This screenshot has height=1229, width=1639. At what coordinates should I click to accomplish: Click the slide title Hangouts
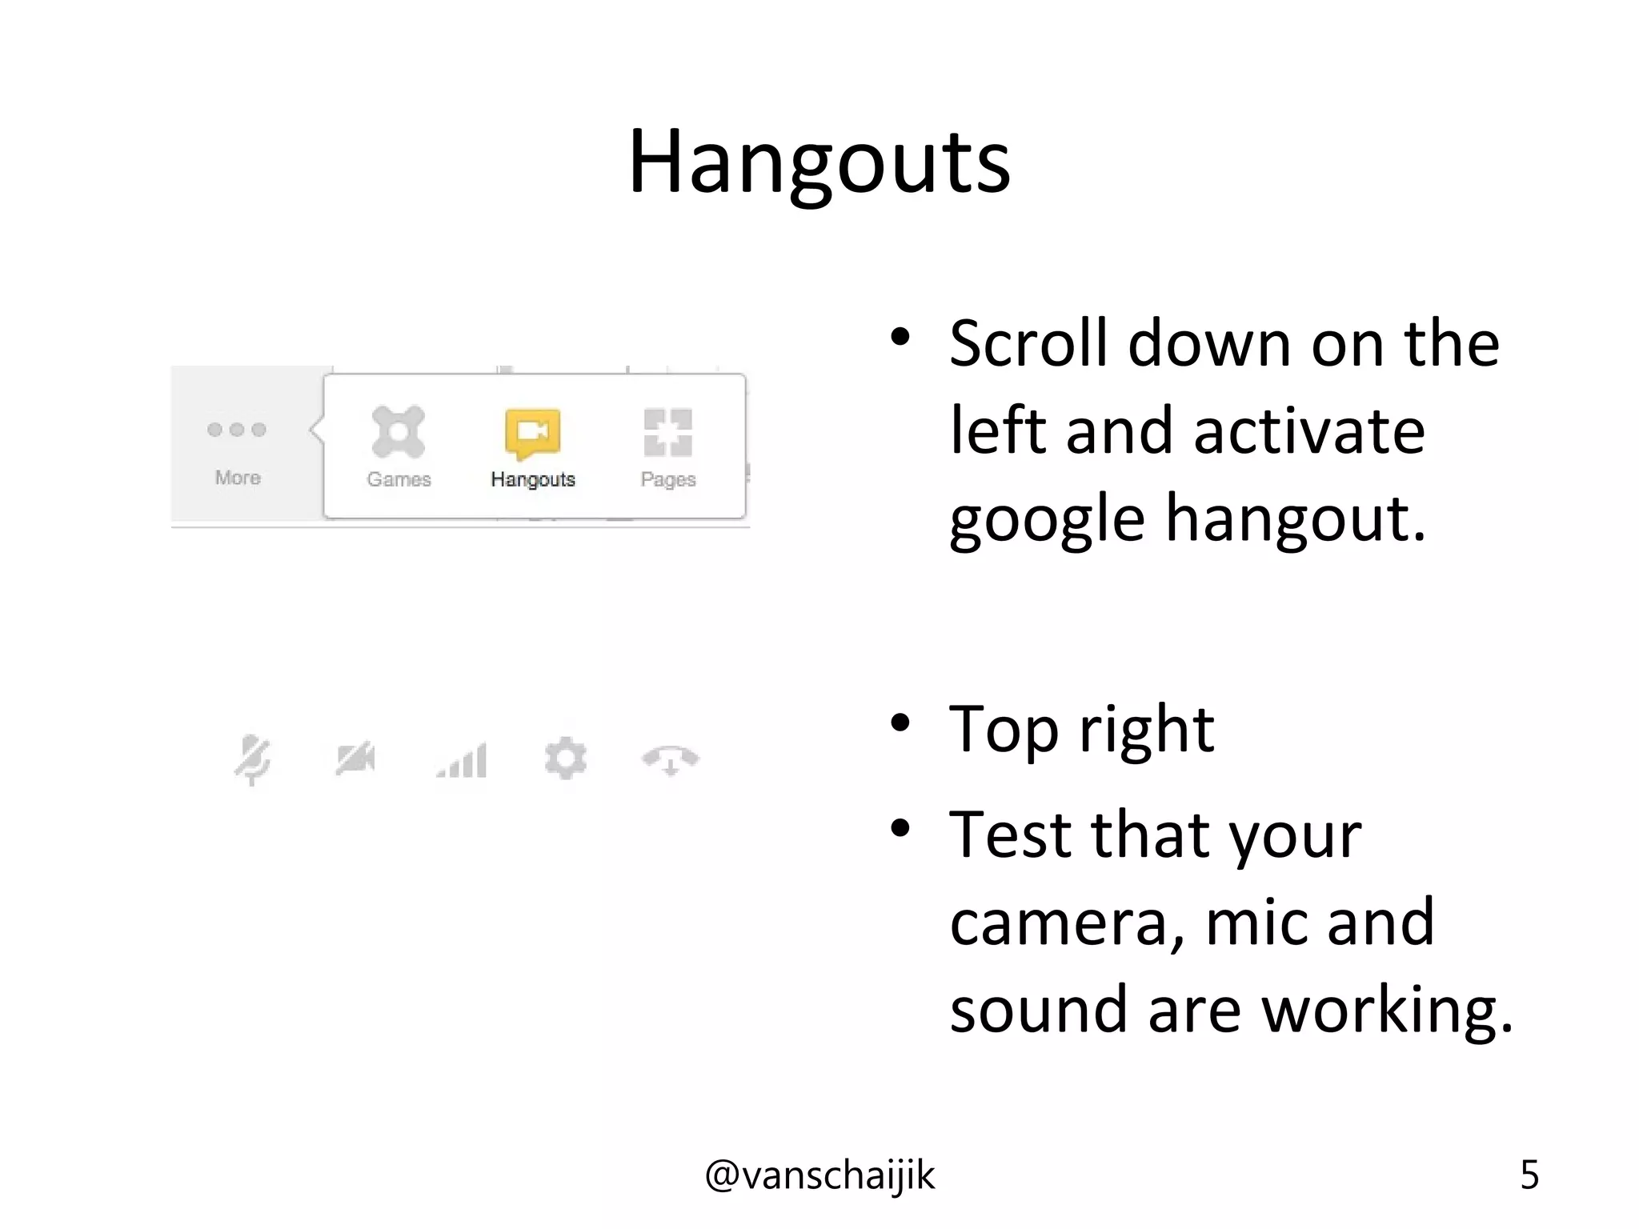(x=819, y=162)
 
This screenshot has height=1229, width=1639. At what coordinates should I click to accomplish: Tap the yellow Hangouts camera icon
(x=532, y=433)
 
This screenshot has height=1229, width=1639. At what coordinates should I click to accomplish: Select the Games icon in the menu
(x=398, y=432)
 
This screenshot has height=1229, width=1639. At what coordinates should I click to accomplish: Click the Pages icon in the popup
(x=668, y=432)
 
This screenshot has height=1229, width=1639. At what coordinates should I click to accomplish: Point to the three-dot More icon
(x=236, y=430)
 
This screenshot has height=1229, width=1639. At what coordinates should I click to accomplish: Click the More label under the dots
(x=238, y=478)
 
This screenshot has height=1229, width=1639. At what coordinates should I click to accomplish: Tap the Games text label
(x=399, y=479)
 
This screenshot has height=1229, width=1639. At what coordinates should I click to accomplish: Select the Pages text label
(x=668, y=479)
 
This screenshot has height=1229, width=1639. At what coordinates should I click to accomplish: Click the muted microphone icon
(x=253, y=759)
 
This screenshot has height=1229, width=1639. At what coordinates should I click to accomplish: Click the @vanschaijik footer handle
(x=819, y=1175)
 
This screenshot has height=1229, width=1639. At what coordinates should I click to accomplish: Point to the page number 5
(x=1529, y=1175)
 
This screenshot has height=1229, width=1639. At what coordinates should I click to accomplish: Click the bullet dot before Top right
(x=900, y=723)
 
